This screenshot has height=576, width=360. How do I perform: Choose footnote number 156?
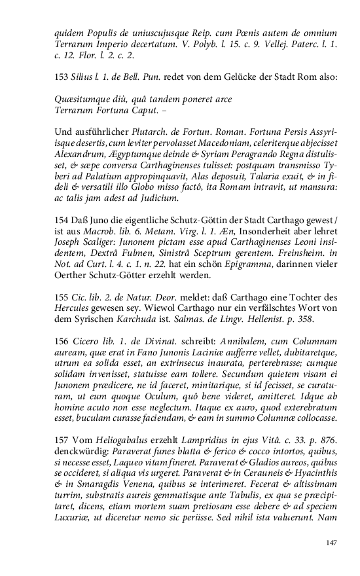[x=62, y=340]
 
